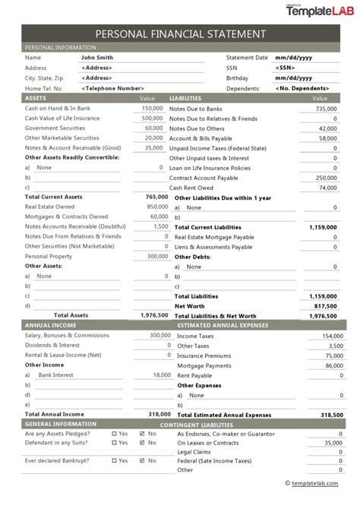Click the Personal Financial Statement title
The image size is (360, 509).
[180, 34]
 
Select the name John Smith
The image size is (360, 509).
[96, 57]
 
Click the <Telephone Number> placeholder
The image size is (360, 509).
[112, 88]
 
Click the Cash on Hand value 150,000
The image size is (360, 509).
[153, 108]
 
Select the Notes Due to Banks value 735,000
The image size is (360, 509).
[326, 108]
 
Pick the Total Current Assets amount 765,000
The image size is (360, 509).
[156, 196]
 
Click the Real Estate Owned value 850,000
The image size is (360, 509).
[157, 206]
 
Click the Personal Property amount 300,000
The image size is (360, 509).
[157, 256]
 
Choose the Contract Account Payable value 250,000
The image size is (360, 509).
[326, 176]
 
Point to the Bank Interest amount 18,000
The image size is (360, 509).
[161, 375]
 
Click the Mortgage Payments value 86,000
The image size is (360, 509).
[328, 365]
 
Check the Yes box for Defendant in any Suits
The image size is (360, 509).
[115, 441]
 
